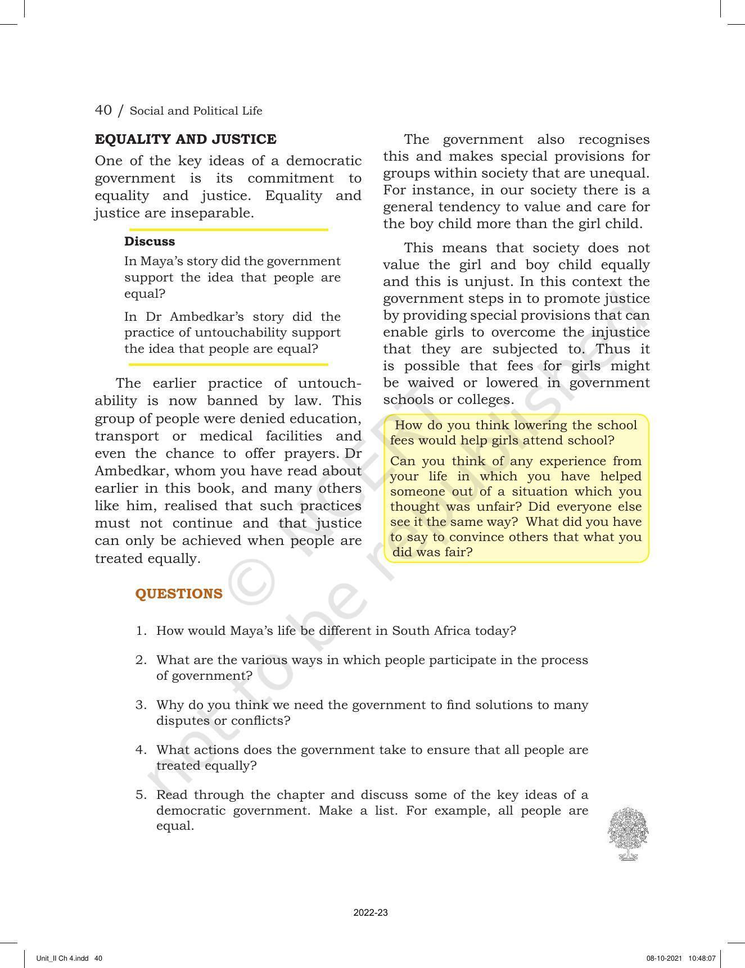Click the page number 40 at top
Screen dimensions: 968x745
[x=103, y=110]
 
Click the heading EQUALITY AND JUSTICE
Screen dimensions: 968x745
[x=186, y=139]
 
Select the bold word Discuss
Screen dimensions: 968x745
[x=150, y=242]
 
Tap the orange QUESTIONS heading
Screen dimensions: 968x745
[x=179, y=594]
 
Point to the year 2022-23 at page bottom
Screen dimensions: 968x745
[x=371, y=913]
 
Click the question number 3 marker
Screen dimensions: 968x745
[x=141, y=705]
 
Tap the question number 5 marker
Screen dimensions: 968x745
[x=141, y=795]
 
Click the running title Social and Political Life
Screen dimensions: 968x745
[x=196, y=111]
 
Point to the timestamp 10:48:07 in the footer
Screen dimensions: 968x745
[x=702, y=958]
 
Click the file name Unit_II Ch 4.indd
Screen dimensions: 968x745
[x=62, y=958]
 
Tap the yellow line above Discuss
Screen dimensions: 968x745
[x=228, y=230]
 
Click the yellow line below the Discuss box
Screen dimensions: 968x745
[x=228, y=365]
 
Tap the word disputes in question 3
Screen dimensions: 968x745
[x=179, y=720]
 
